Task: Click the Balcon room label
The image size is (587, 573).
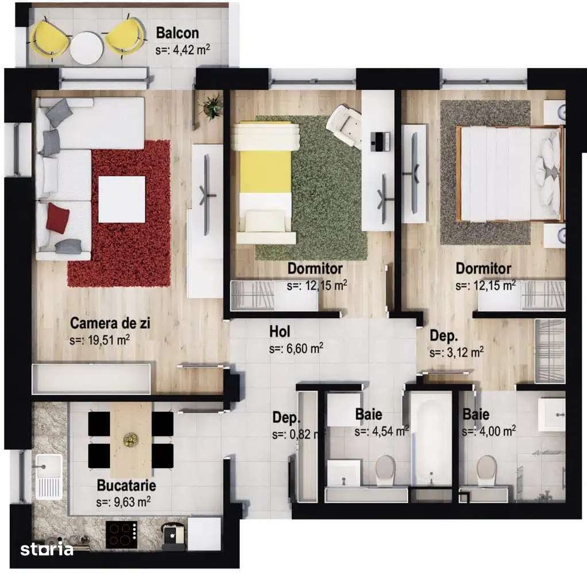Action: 177,33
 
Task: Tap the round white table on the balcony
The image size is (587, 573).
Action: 87,47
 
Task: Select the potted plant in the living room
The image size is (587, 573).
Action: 212,106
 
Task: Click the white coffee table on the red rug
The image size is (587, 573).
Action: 121,199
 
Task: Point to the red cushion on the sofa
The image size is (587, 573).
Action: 57,218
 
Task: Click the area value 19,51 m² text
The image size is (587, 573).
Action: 99,340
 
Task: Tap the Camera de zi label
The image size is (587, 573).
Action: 110,323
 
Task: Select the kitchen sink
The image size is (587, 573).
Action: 48,475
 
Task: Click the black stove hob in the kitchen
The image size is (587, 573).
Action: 122,535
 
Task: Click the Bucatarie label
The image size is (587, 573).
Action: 126,486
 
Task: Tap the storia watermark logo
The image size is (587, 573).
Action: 47,549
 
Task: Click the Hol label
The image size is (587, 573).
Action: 280,332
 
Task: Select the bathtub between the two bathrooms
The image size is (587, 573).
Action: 430,439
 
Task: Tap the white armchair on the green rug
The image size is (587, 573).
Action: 344,123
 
